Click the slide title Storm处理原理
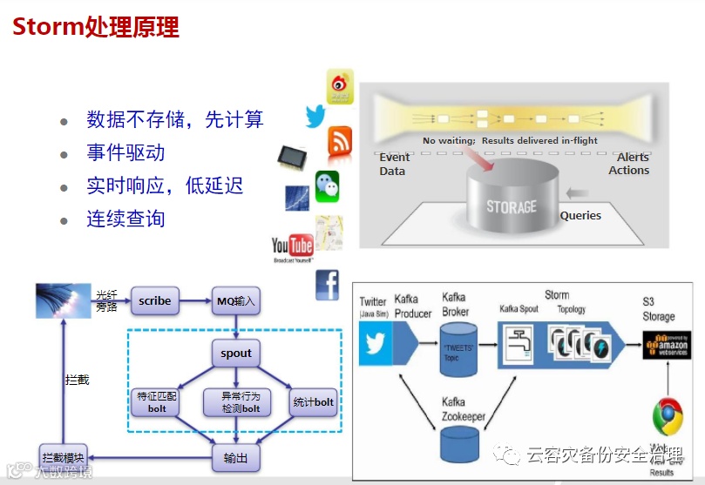pyautogui.click(x=95, y=27)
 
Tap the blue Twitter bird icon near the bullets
pyautogui.click(x=315, y=116)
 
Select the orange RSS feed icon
pyautogui.click(x=339, y=140)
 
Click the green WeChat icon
pyautogui.click(x=327, y=184)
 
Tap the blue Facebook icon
pyautogui.click(x=327, y=284)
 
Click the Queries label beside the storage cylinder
pyautogui.click(x=580, y=215)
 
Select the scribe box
pyautogui.click(x=155, y=302)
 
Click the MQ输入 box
pyautogui.click(x=236, y=302)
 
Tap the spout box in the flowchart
pyautogui.click(x=235, y=354)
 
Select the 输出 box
pyautogui.click(x=235, y=458)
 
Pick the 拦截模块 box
pyautogui.click(x=64, y=458)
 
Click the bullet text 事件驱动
pyautogui.click(x=125, y=153)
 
